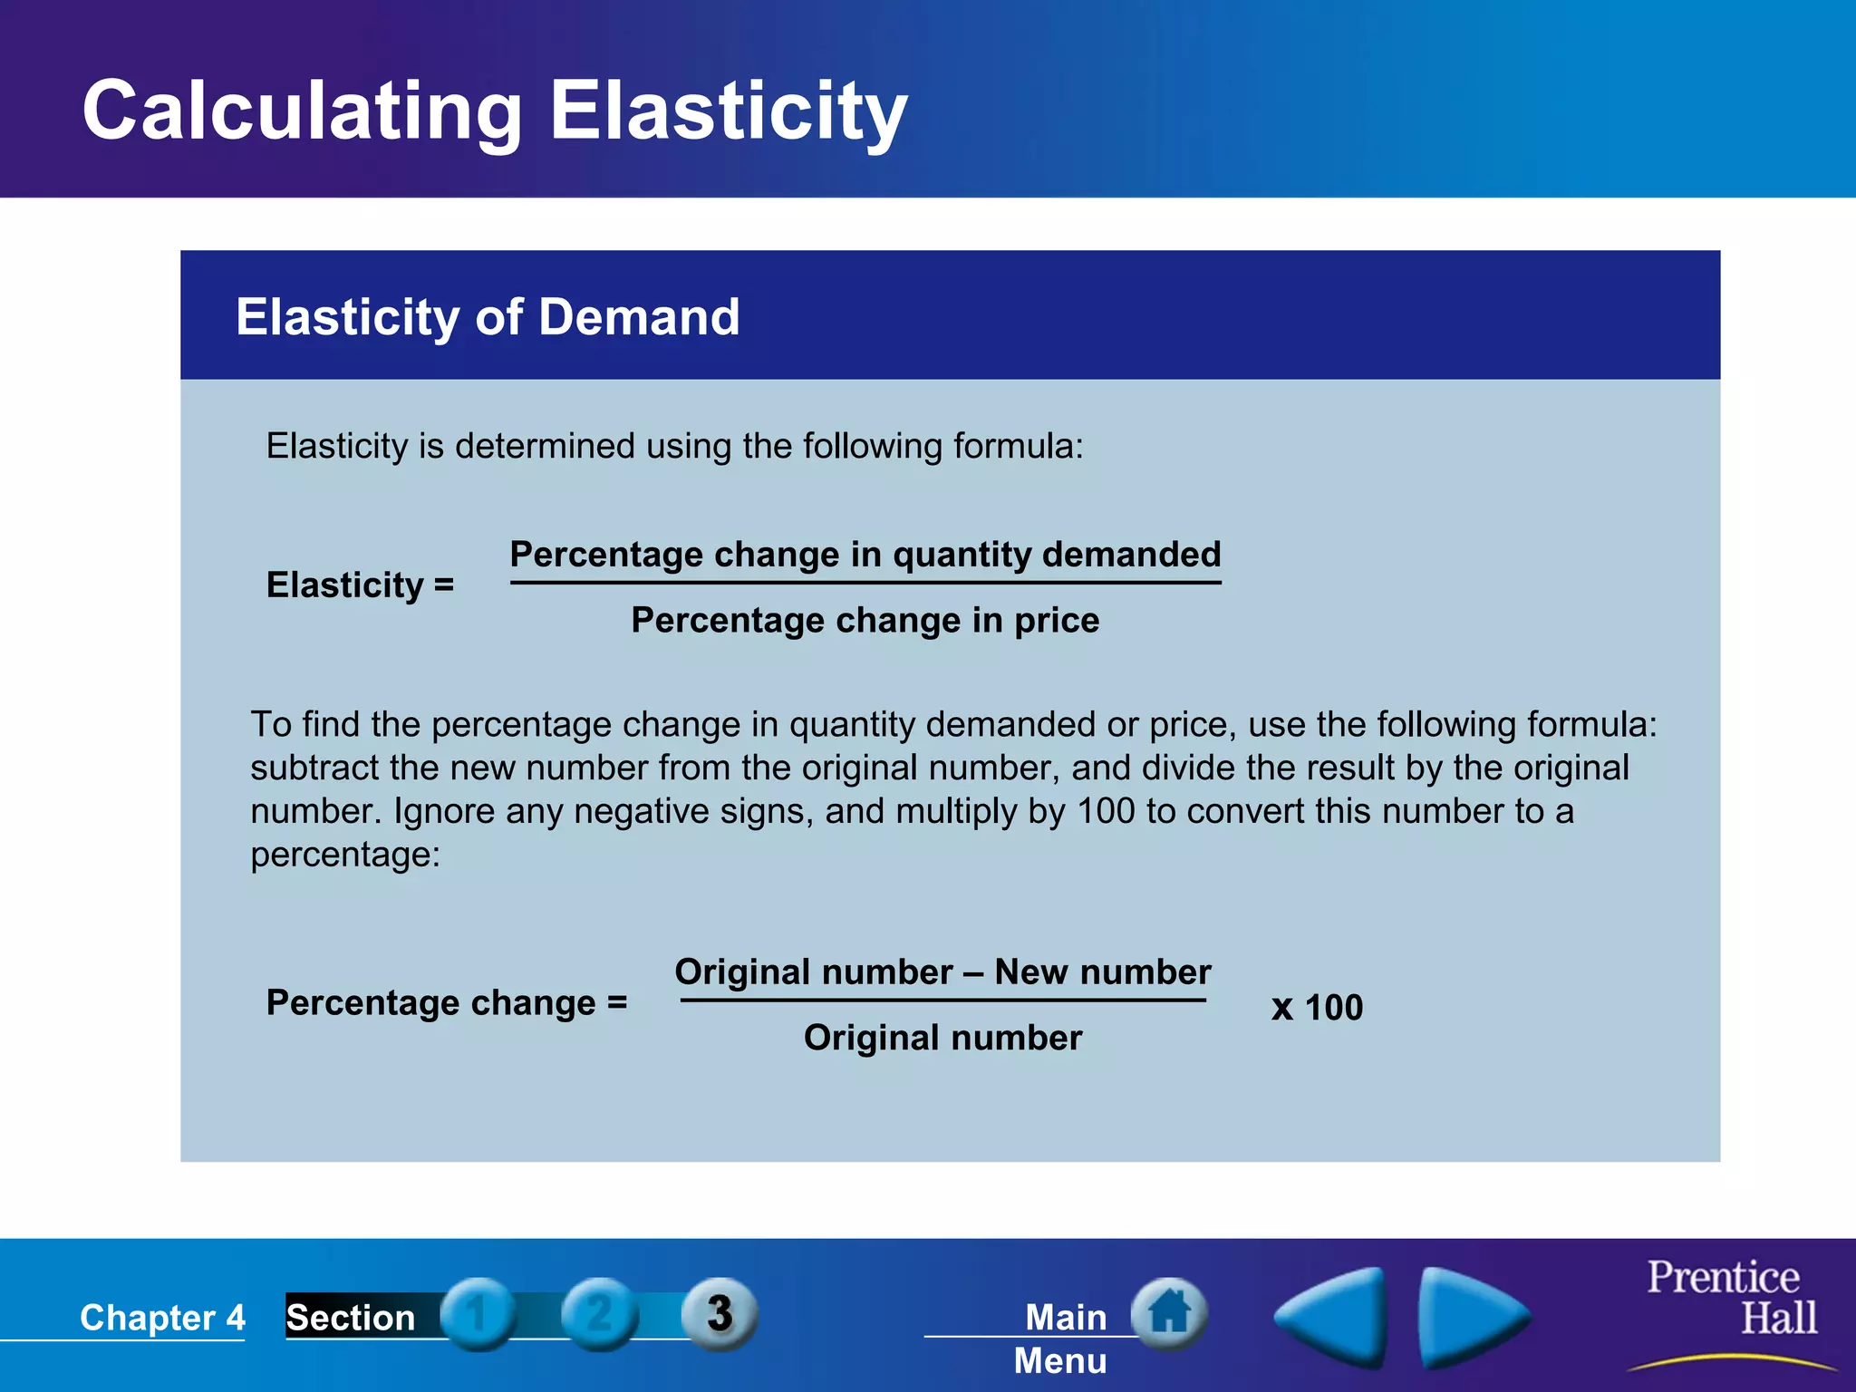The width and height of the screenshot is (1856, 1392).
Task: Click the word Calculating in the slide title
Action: point(302,111)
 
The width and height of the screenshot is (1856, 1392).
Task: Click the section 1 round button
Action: point(478,1314)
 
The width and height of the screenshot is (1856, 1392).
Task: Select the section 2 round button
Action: point(598,1314)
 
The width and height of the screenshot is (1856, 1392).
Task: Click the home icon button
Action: point(1169,1312)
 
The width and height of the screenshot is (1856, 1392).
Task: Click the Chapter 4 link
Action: point(162,1318)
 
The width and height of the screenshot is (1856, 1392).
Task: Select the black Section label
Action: point(351,1318)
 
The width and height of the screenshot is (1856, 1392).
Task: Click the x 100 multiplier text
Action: point(1317,1008)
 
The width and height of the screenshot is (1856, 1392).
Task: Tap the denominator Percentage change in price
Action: point(865,621)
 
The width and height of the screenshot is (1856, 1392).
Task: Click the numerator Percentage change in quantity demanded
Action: point(865,554)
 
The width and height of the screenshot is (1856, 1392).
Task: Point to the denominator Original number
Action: point(942,1038)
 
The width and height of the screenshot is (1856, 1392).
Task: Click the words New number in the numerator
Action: point(1102,972)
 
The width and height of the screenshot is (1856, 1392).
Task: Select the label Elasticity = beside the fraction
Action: point(360,585)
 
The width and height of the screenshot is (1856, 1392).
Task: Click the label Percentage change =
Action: point(446,1003)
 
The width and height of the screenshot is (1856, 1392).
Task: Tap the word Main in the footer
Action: point(1066,1318)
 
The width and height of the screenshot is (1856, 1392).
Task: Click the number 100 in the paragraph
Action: point(1106,811)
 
